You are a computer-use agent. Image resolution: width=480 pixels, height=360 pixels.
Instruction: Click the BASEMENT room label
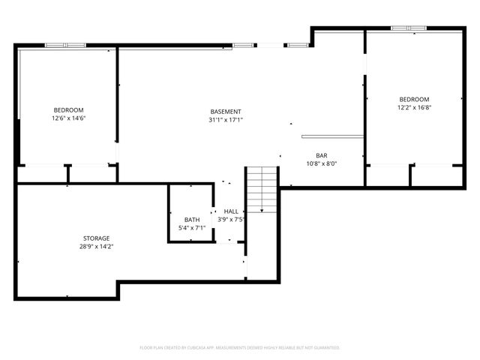(226, 112)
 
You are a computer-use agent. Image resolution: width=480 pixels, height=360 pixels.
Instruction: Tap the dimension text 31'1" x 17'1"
(226, 120)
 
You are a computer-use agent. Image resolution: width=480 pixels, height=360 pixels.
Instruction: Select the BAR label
(321, 155)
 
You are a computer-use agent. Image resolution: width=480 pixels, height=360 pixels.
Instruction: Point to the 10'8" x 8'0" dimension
(321, 163)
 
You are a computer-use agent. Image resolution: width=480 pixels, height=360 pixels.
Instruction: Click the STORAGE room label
(97, 238)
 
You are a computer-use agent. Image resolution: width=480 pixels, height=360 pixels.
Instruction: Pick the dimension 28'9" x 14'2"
(97, 246)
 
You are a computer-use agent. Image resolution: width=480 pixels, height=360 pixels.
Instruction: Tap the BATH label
(192, 219)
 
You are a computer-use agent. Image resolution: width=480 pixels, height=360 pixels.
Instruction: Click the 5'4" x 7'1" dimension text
(192, 227)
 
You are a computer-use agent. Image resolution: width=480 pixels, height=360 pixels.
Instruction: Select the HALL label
(231, 211)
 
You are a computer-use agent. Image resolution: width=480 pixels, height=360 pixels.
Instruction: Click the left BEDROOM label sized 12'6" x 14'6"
(68, 109)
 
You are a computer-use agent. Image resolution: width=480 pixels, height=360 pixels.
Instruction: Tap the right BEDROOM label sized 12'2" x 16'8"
(414, 100)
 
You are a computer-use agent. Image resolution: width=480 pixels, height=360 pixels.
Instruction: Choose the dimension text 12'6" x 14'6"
(68, 118)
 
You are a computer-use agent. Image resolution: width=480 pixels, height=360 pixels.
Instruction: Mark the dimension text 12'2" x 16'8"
(414, 108)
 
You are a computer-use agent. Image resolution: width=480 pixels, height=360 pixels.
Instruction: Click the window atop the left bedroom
(66, 45)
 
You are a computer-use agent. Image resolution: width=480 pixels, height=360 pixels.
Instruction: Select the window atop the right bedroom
(409, 28)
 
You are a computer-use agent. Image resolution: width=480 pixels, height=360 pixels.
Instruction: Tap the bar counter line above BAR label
(332, 136)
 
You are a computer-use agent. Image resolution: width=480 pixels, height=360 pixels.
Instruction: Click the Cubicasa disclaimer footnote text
(240, 347)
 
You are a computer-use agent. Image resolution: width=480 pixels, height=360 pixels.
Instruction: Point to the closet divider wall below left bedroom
(68, 173)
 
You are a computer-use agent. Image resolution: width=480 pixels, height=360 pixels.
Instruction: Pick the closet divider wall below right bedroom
(410, 175)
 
